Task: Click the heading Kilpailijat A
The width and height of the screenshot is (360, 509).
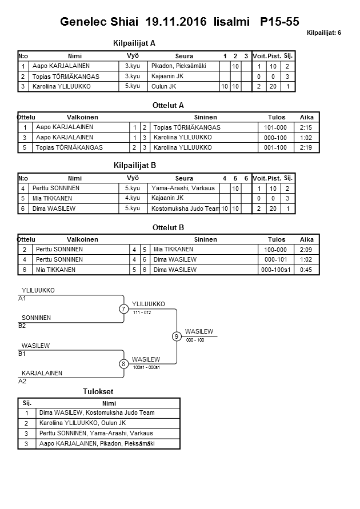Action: pos(135,43)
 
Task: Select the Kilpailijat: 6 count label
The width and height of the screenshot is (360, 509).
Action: pos(323,33)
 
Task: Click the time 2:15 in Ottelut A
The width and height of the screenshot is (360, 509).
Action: pos(306,127)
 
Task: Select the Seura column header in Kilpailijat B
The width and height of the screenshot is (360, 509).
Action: pos(184,178)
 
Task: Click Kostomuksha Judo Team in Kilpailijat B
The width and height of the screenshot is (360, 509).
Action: pos(186,209)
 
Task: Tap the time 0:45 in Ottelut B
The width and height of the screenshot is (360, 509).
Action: pos(306,269)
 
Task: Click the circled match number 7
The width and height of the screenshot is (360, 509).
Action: pos(123,309)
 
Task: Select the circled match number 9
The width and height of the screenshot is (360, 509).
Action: pos(177,336)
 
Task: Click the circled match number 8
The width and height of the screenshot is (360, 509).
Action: pos(123,364)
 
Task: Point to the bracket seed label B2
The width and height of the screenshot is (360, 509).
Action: pos(22,326)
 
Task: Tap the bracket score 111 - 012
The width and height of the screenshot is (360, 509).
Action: pos(142,312)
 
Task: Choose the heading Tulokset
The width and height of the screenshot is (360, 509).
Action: pos(98,392)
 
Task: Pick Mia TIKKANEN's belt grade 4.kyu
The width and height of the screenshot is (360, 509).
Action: pos(133,198)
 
